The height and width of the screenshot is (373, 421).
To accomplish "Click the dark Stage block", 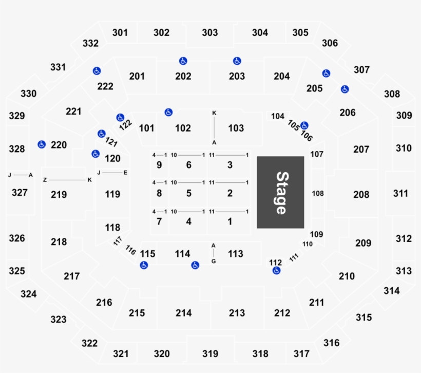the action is [x=280, y=193].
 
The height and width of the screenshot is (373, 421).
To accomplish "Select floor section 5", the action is [x=189, y=193].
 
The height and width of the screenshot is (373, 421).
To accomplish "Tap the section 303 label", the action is [x=210, y=32].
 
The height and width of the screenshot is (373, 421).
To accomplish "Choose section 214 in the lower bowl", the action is [x=184, y=313].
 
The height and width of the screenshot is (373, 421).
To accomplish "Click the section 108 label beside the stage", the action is [x=318, y=193].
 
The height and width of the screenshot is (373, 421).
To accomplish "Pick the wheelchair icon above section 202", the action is [x=183, y=61].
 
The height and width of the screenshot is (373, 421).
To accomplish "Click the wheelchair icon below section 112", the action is [x=276, y=270].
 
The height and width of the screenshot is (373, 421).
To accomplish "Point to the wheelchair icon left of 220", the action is [x=42, y=144].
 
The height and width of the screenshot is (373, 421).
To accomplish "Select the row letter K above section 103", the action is [x=214, y=113].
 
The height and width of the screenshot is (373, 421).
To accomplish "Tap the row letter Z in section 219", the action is [x=45, y=180].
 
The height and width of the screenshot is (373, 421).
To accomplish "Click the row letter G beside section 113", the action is [x=214, y=261].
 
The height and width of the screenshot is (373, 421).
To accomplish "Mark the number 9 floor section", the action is [x=159, y=165].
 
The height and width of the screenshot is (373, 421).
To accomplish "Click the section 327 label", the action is [x=20, y=193].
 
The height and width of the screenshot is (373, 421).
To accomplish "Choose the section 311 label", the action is [x=400, y=193].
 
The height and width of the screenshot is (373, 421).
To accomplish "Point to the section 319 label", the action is [x=210, y=353].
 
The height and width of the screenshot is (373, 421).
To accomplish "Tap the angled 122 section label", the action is [x=125, y=125].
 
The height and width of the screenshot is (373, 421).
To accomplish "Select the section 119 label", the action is [x=112, y=194].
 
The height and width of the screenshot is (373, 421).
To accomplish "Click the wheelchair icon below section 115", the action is [x=144, y=265].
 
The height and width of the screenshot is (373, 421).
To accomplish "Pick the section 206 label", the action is [x=348, y=113].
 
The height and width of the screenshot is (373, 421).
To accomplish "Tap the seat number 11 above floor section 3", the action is [x=212, y=155].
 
